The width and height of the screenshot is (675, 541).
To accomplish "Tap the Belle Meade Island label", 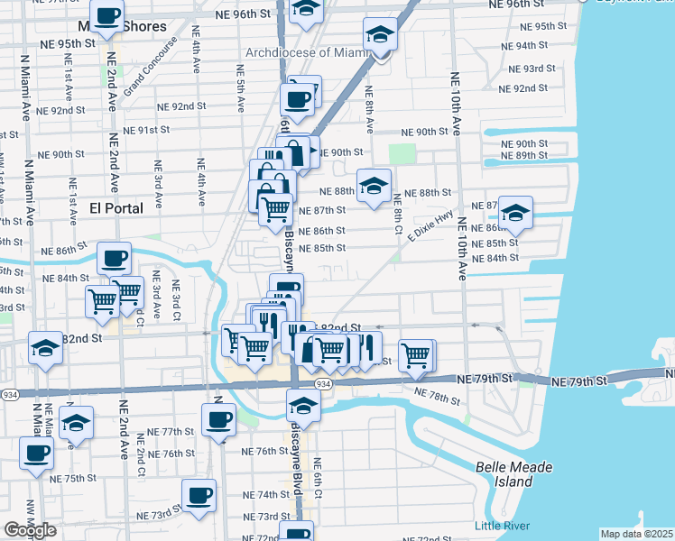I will pyautogui.click(x=514, y=474).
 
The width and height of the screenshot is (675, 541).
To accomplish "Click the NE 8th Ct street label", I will pyautogui.click(x=397, y=213).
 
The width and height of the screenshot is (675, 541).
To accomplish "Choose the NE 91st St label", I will pyautogui.click(x=147, y=130).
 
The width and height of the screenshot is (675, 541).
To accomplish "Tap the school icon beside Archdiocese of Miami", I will pyautogui.click(x=380, y=36).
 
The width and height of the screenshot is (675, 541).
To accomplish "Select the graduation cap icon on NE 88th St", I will pyautogui.click(x=374, y=186).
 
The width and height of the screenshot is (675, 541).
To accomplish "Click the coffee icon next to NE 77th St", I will pyautogui.click(x=218, y=418).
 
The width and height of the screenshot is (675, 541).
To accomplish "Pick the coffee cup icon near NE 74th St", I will pyautogui.click(x=199, y=494).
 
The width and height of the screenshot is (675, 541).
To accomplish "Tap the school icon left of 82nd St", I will pyautogui.click(x=44, y=347).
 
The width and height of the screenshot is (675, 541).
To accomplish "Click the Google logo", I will pyautogui.click(x=31, y=530).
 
